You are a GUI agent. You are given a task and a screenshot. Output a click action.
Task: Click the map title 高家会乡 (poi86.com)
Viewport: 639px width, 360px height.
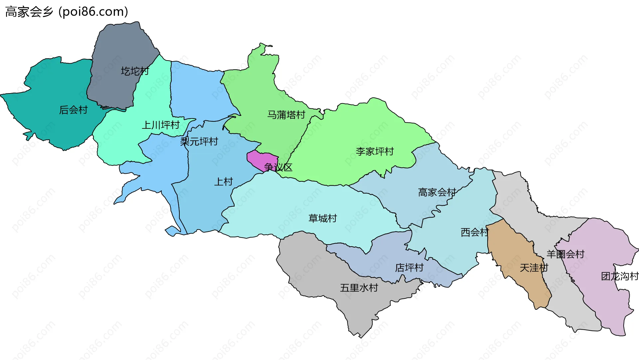click(x=67, y=12)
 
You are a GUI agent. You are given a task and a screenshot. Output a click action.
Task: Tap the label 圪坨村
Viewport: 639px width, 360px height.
click(x=135, y=71)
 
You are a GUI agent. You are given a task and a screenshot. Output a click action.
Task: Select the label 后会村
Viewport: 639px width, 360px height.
click(x=73, y=110)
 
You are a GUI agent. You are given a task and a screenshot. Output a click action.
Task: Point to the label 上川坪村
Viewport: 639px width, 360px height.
click(x=161, y=125)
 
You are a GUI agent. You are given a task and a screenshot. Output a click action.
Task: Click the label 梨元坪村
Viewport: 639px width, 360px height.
click(x=199, y=141)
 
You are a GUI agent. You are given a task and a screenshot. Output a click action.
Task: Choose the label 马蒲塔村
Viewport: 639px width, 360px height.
click(x=286, y=115)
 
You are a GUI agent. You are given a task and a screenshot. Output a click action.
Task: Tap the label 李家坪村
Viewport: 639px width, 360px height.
click(x=375, y=151)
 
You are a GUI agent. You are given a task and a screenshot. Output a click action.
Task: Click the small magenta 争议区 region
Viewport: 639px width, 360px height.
click(x=261, y=159)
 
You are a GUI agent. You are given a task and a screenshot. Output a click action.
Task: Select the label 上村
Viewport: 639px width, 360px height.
click(x=223, y=182)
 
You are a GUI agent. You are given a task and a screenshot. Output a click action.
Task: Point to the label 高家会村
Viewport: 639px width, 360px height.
click(x=437, y=192)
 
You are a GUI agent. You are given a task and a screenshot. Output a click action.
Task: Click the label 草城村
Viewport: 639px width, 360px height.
click(x=323, y=218)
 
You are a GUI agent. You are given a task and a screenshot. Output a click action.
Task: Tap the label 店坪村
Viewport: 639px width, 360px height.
click(x=409, y=268)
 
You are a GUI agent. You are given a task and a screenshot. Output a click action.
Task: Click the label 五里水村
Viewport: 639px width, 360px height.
click(x=359, y=288)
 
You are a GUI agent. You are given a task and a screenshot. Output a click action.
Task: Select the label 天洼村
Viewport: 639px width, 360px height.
click(x=534, y=268)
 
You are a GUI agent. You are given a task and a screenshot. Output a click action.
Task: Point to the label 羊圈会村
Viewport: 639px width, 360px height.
click(x=565, y=254)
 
